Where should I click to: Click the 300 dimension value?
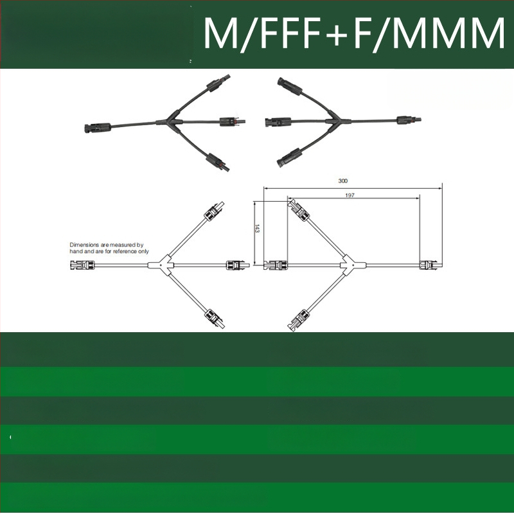pyautogui.click(x=342, y=181)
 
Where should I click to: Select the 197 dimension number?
pyautogui.click(x=350, y=195)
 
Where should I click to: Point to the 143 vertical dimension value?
pyautogui.click(x=256, y=229)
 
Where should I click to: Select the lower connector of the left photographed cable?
pyautogui.click(x=218, y=162)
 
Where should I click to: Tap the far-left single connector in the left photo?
pyautogui.click(x=98, y=127)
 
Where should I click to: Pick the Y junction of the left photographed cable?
pyautogui.click(x=171, y=121)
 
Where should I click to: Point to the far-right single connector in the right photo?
pyautogui.click(x=409, y=120)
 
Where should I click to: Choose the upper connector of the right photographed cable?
pyautogui.click(x=290, y=86)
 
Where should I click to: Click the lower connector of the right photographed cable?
pyautogui.click(x=289, y=157)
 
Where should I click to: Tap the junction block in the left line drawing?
pyautogui.click(x=161, y=265)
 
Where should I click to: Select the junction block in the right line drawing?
pyautogui.click(x=353, y=265)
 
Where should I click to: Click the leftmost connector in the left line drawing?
pyautogui.click(x=83, y=265)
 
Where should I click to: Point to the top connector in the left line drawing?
pyautogui.click(x=215, y=211)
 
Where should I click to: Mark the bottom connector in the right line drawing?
pyautogui.click(x=298, y=319)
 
